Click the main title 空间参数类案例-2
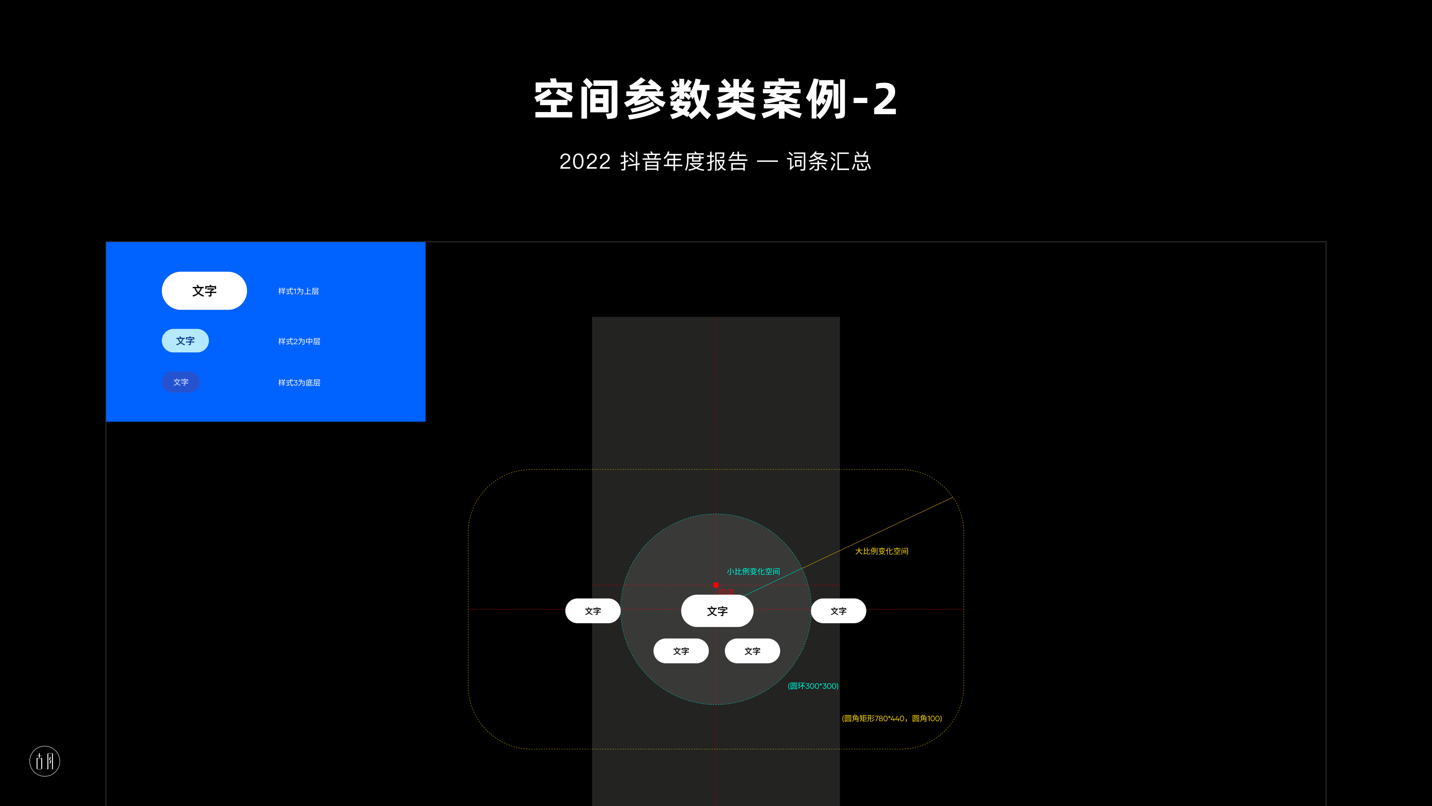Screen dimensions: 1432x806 point(716,99)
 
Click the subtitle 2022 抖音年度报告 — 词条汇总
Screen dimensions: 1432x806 point(716,161)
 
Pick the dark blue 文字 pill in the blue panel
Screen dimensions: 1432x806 point(180,382)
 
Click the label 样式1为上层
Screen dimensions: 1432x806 point(298,291)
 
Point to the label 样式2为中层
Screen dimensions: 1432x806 point(299,341)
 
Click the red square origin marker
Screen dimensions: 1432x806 point(716,585)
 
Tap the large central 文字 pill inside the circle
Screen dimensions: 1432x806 point(717,611)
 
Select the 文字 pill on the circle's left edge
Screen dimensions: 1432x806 point(593,611)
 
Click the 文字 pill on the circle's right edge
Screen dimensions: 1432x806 point(838,611)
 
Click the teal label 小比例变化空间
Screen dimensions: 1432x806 point(753,572)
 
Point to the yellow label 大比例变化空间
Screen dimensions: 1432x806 point(882,551)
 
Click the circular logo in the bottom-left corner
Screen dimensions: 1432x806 point(44,761)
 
